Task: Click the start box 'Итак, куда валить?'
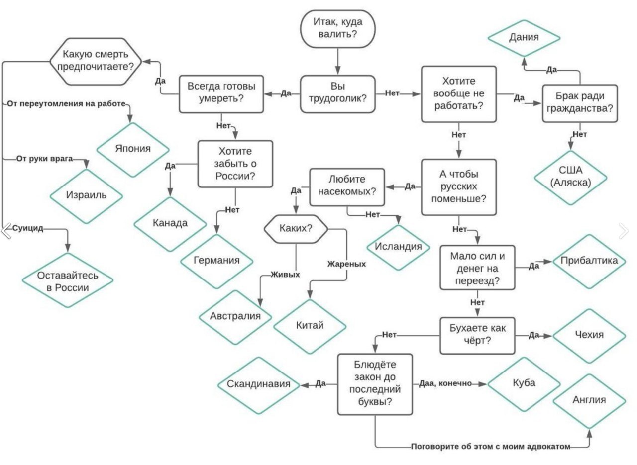click(338, 29)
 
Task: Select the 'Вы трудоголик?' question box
click(338, 94)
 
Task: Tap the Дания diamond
click(524, 38)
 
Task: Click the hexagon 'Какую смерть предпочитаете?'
click(96, 61)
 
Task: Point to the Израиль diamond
click(86, 196)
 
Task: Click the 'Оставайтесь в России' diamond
click(68, 280)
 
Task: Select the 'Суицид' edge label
click(27, 228)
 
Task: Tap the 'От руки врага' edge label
click(44, 159)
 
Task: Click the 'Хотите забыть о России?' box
click(235, 164)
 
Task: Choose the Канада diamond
click(170, 224)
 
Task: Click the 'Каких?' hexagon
click(296, 229)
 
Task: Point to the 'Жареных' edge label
click(347, 264)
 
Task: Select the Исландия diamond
click(398, 247)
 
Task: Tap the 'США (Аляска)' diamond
click(571, 178)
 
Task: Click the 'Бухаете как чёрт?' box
click(477, 336)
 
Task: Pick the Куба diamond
click(524, 384)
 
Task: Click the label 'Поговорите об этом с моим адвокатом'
click(491, 447)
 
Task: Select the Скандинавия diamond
click(258, 385)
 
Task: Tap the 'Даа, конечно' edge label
click(445, 384)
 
